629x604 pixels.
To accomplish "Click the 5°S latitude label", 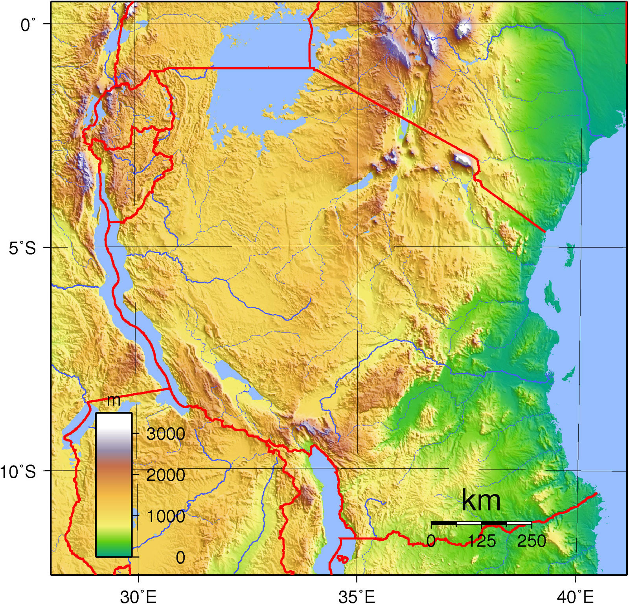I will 22,249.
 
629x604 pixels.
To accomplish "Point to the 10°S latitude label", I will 18,471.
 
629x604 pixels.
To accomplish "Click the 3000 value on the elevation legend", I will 166,434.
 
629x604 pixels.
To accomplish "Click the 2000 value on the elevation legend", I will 166,475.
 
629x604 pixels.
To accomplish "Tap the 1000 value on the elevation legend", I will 166,516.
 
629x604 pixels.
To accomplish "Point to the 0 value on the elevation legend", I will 180,557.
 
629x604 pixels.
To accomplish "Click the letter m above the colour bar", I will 114,401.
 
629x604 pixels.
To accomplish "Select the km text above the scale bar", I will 481,501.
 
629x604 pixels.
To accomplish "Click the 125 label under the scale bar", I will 482,541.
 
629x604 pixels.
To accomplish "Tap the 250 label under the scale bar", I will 532,541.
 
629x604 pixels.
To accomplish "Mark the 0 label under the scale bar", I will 431,541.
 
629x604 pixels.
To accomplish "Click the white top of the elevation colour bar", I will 114,421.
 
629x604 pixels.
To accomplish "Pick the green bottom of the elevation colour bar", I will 114,549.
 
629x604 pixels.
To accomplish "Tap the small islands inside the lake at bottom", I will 342,558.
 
